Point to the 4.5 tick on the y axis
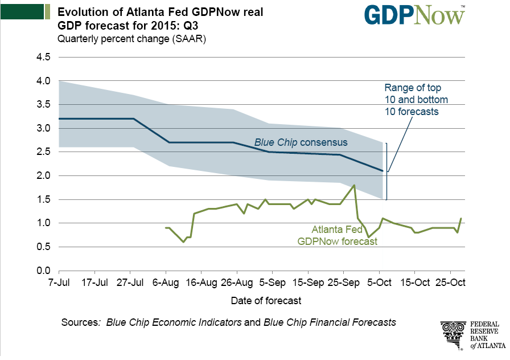[x=44, y=57]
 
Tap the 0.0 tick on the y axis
[x=44, y=270]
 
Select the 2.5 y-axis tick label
[x=44, y=152]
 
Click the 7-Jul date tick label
[x=59, y=283]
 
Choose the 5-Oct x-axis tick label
[x=379, y=283]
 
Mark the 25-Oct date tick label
[x=450, y=283]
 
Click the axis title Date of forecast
[x=266, y=300]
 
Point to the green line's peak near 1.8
[x=355, y=185]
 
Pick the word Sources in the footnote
[x=80, y=322]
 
